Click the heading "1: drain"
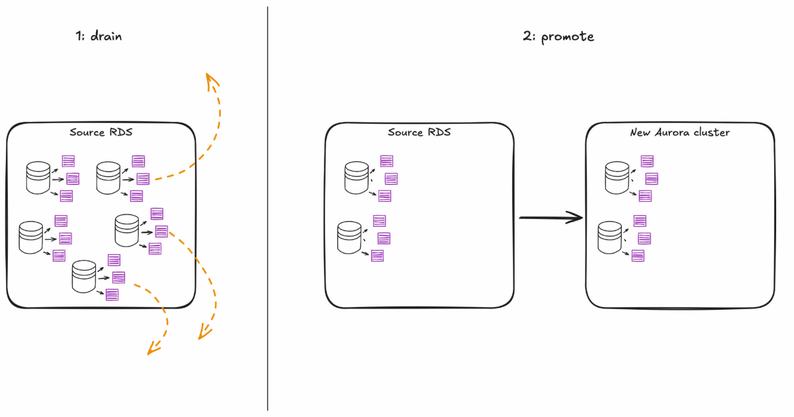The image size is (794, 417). [99, 37]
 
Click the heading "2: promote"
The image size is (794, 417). [558, 37]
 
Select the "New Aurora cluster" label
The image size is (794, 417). [680, 132]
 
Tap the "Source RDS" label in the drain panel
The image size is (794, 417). [101, 132]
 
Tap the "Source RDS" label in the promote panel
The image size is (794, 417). [419, 132]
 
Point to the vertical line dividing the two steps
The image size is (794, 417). [268, 212]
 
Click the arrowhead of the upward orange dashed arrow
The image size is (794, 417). [212, 81]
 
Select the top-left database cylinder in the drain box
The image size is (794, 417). [38, 178]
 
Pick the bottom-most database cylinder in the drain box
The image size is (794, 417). [84, 276]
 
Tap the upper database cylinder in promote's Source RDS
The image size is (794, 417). [357, 178]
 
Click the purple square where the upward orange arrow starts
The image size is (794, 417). [142, 179]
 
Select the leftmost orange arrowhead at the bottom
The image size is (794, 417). [153, 348]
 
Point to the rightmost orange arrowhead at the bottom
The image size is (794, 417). [203, 333]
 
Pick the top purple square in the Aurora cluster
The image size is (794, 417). [647, 161]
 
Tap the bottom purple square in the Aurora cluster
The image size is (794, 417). [638, 255]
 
